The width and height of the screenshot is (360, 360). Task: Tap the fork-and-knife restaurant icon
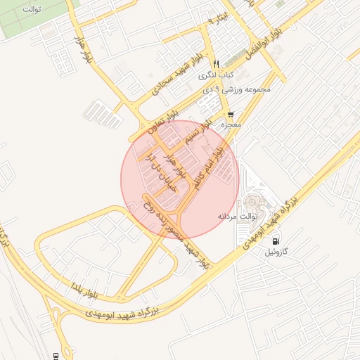point(216,63)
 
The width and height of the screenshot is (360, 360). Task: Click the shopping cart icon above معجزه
point(231,114)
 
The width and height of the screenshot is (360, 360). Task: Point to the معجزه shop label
point(231,124)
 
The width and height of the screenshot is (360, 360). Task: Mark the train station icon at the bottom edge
point(56,355)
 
